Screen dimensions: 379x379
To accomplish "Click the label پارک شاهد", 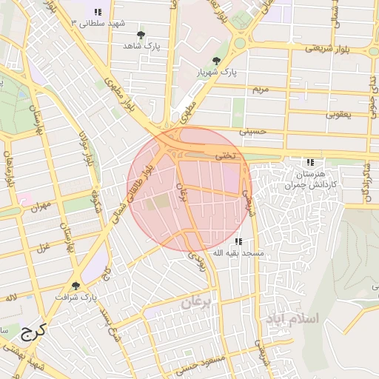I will pyautogui.click(x=142, y=45).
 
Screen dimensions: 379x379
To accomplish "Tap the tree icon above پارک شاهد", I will pyautogui.click(x=141, y=34).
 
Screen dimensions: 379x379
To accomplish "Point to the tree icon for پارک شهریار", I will pyautogui.click(x=216, y=61).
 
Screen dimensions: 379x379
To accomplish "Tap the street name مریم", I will pyautogui.click(x=260, y=89).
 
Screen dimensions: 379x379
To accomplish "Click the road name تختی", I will pyautogui.click(x=224, y=156).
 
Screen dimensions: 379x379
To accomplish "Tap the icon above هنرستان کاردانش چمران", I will pyautogui.click(x=310, y=162).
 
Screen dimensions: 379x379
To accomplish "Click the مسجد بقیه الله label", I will pyautogui.click(x=238, y=253).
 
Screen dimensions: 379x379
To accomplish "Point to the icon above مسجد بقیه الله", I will pyautogui.click(x=238, y=241).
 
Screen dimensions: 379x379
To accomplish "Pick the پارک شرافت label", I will pyautogui.click(x=76, y=297).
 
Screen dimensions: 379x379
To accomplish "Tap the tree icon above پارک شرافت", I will pyautogui.click(x=76, y=285).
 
